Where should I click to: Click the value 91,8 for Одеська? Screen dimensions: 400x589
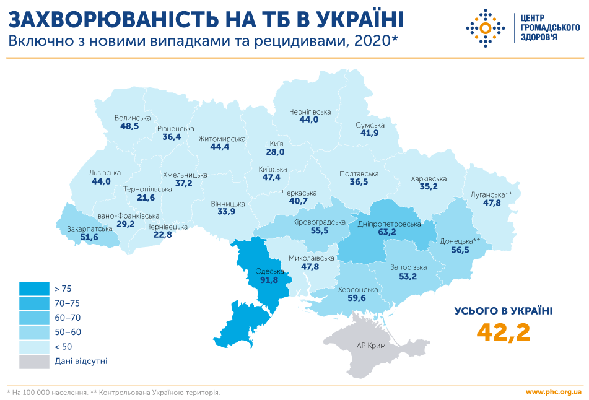pos(268,280)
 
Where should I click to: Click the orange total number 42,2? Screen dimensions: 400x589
pos(504,332)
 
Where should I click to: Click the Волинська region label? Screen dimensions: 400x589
pos(133,118)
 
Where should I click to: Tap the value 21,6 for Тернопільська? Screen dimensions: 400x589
pos(146,198)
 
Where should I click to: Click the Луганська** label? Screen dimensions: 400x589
pos(492,194)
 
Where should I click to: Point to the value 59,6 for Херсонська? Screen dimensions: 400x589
pos(357,298)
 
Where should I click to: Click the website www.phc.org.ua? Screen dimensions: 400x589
pos(553,392)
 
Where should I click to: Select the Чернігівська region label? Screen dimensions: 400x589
pos(310,112)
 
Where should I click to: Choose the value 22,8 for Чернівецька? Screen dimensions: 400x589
pos(162,235)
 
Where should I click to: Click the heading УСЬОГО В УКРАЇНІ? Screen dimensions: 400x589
pos(504,311)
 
